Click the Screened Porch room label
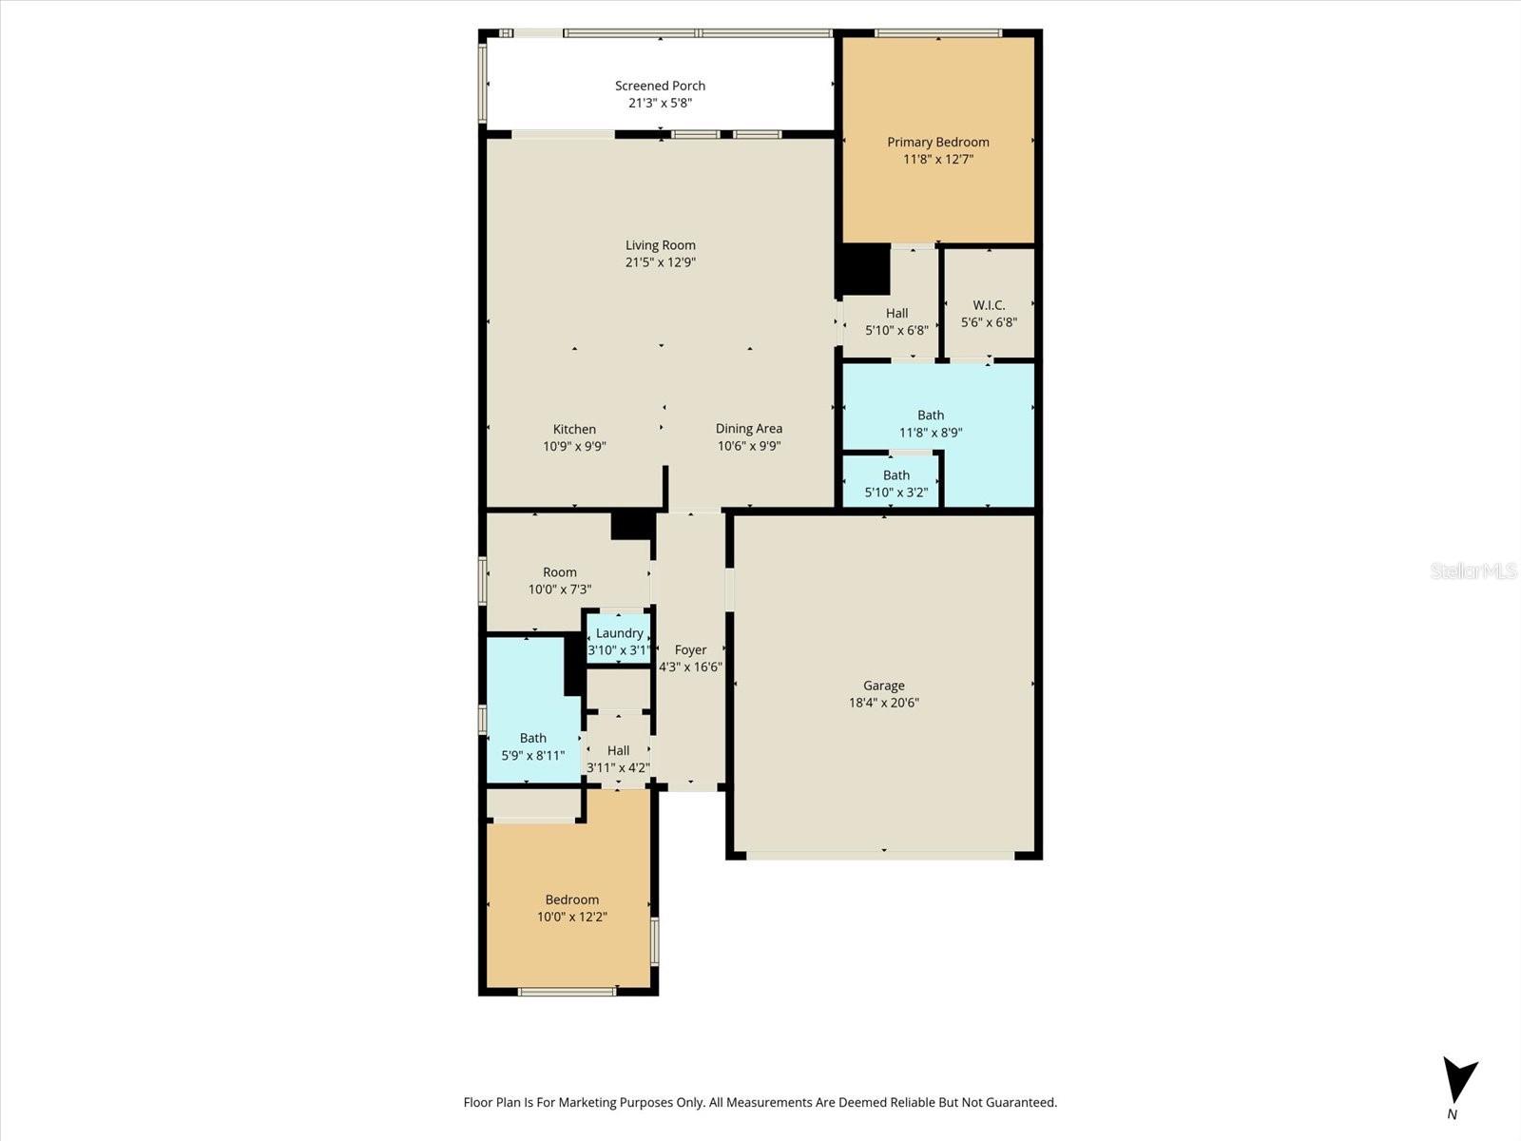tap(660, 86)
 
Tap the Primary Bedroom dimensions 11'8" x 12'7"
tap(938, 160)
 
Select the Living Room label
tap(661, 245)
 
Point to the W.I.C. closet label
tap(989, 305)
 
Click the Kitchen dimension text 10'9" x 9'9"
tap(574, 447)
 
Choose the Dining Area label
tap(749, 429)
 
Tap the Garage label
tap(883, 686)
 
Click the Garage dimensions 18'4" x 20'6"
tap(883, 703)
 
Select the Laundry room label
tap(620, 633)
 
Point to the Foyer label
tap(690, 649)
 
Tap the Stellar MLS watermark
tap(1473, 570)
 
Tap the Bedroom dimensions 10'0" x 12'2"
tap(572, 918)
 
